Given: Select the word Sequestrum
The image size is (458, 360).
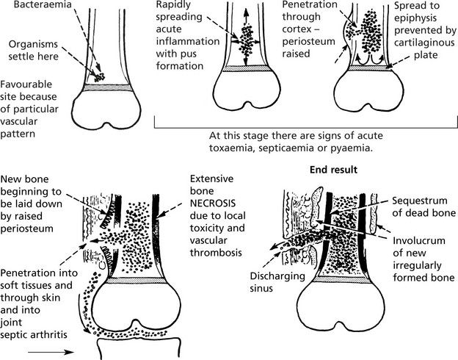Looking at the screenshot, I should click(x=415, y=200).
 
